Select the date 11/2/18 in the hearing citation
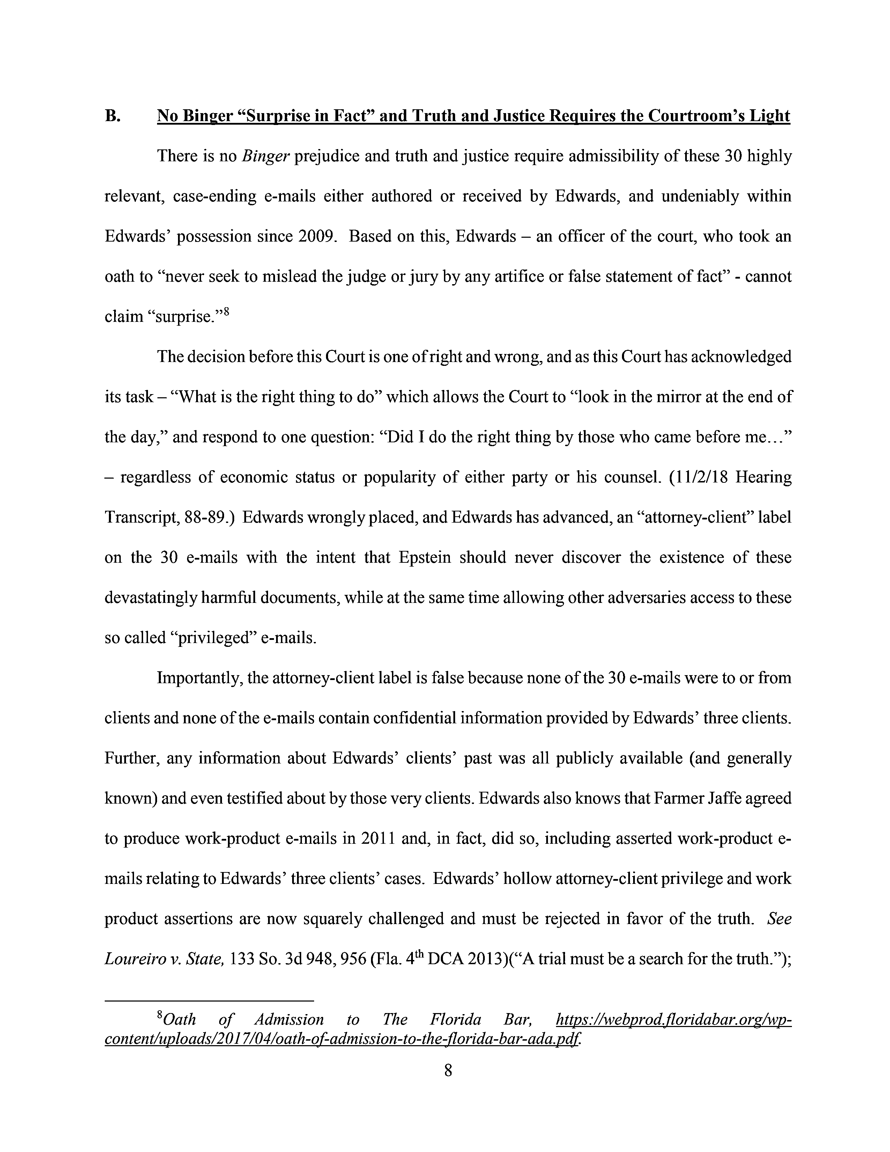(700, 477)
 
